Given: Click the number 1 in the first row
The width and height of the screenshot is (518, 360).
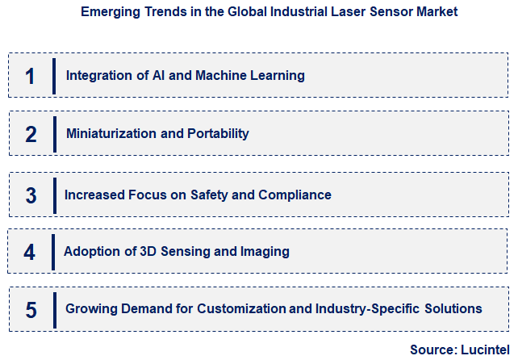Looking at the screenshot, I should click(30, 76).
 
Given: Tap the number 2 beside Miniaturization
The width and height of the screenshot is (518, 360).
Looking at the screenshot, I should click(31, 134).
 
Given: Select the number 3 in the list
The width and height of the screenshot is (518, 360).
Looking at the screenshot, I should click(31, 195).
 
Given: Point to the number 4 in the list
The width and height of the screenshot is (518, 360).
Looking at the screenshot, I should click(30, 252).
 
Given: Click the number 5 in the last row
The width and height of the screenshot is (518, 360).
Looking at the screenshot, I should click(31, 309).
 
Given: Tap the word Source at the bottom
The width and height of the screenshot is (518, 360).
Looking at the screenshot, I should click(431, 350).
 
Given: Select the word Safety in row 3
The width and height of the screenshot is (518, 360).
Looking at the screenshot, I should click(210, 195).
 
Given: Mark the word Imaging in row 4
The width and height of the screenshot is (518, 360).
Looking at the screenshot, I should click(265, 252).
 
